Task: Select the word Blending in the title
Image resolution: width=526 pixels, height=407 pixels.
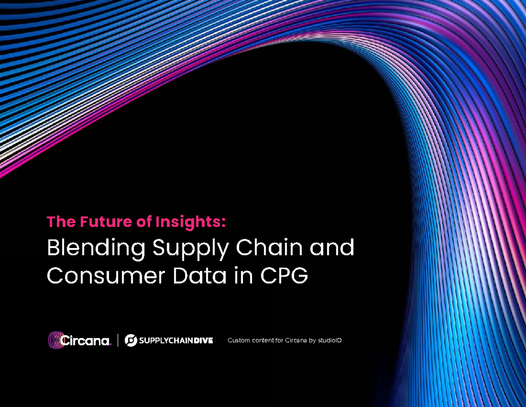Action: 96,249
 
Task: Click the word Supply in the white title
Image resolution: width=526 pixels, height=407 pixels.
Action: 190,249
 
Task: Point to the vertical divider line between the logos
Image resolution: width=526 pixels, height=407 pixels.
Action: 118,340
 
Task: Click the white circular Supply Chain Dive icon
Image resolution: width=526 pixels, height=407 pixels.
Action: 131,340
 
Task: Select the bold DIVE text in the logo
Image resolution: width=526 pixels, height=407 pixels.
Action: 203,341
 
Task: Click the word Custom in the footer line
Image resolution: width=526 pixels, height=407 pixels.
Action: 238,340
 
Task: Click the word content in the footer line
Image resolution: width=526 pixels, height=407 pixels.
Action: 263,340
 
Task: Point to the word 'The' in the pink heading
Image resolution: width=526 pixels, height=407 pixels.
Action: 61,222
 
